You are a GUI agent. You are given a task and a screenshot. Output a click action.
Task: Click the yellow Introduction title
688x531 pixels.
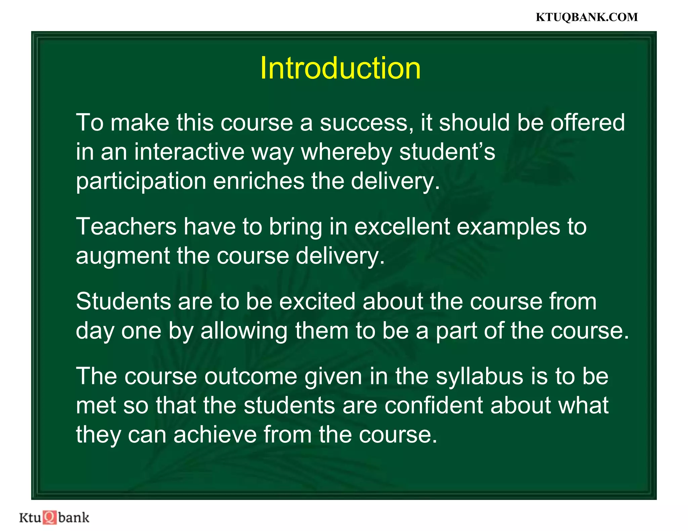[340, 68]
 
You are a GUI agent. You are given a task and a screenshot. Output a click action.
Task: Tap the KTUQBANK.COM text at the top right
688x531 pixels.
[587, 17]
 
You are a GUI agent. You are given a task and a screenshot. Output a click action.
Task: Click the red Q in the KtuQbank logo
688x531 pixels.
[50, 517]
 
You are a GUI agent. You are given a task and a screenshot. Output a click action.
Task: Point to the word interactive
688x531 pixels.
[189, 152]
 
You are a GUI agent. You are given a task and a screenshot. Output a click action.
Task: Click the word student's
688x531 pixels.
[447, 152]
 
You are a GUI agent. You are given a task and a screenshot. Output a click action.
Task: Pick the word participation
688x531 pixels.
[141, 181]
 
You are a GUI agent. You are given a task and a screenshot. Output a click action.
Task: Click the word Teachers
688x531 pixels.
[126, 226]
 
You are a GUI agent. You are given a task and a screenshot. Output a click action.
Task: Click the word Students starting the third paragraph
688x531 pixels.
[123, 301]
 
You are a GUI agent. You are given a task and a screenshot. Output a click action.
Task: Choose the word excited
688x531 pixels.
[317, 301]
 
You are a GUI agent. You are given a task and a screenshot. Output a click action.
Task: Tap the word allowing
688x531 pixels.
[244, 331]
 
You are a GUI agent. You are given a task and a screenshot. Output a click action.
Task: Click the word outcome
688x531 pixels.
[251, 376]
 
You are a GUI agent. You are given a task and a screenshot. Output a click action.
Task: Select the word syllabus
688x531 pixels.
[479, 377]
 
